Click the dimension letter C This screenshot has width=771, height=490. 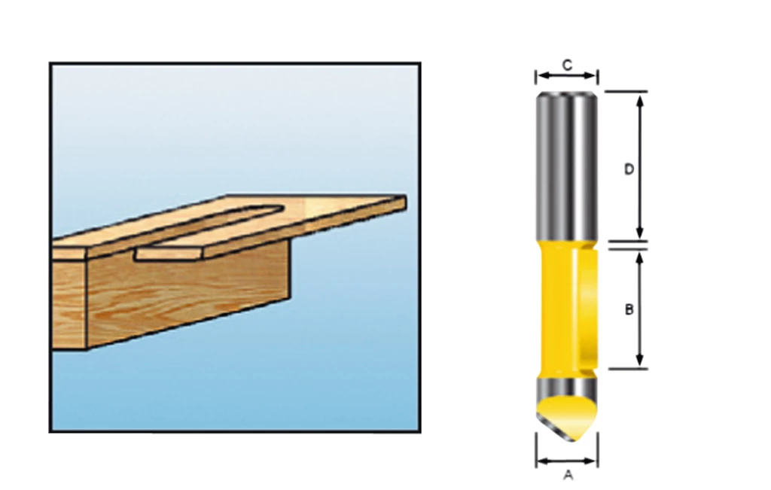tap(567, 65)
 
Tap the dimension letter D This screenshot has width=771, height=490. tap(629, 170)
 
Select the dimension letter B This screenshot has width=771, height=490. tap(629, 309)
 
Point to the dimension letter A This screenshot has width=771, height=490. tap(568, 475)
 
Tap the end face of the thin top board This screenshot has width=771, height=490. tap(403, 202)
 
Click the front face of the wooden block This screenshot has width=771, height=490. tap(188, 297)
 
